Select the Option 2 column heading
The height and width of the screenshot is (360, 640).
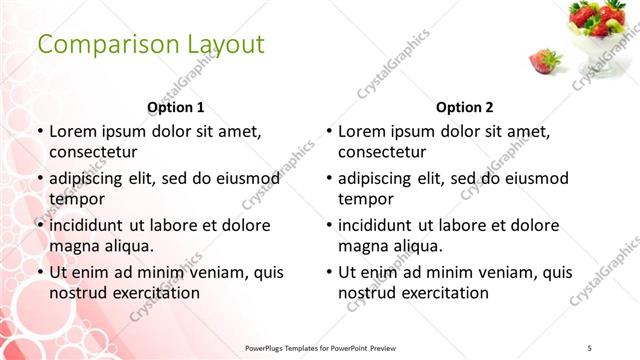pyautogui.click(x=465, y=107)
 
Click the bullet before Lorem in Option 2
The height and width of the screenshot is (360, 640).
pyautogui.click(x=329, y=131)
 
